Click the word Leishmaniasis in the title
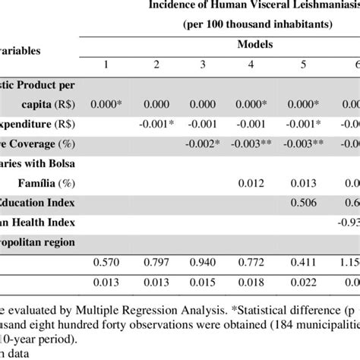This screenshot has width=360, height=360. point(320,7)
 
